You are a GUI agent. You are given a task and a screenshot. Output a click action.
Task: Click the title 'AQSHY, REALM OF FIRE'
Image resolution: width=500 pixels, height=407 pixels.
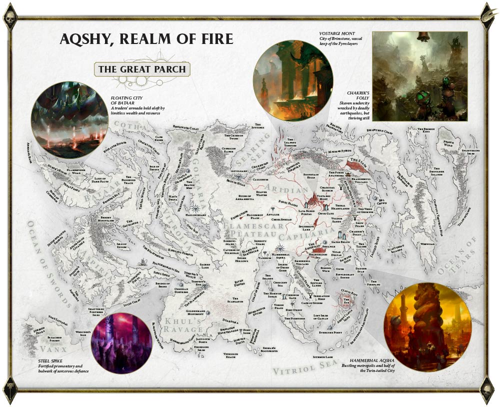146,39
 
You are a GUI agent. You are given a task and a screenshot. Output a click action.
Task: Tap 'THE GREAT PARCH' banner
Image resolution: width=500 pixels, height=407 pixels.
141,69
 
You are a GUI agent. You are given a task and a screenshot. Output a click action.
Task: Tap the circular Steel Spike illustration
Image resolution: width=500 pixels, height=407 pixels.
122,343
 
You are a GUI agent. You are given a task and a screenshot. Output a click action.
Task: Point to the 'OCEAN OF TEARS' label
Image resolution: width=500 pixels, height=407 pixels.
457,258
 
